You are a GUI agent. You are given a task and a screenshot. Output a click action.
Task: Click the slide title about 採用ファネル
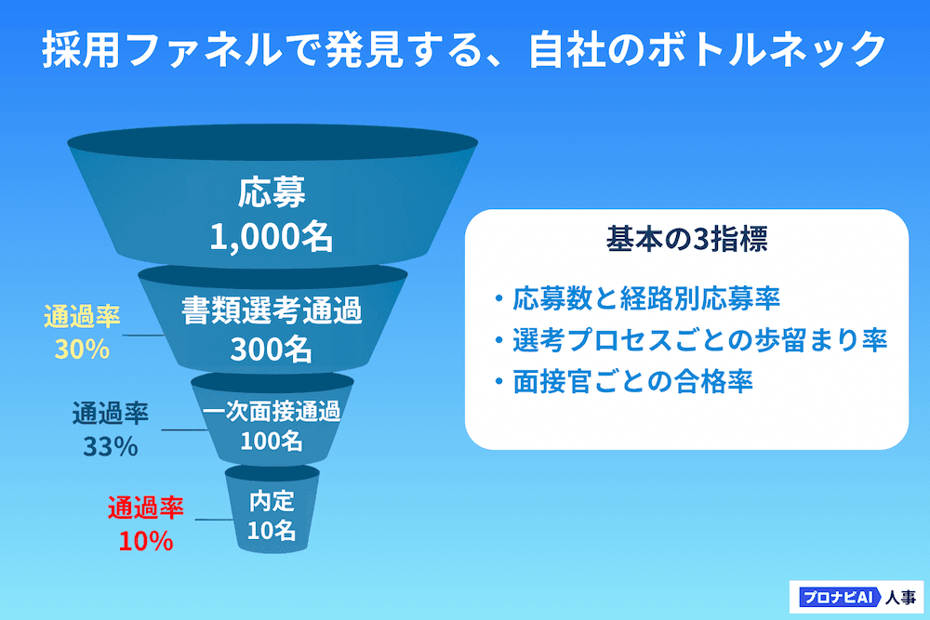[x=464, y=50]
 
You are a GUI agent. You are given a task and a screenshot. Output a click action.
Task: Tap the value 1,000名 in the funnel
[x=271, y=236]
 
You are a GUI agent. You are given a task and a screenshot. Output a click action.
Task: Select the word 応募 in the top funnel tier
[x=272, y=192]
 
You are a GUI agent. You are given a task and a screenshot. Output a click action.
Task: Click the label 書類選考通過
[x=272, y=310]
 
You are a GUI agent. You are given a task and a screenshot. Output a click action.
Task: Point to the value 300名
[x=271, y=349]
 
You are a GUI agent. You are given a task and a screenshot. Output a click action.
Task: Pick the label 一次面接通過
[x=271, y=412]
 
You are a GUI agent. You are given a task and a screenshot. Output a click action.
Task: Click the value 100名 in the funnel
[x=271, y=441]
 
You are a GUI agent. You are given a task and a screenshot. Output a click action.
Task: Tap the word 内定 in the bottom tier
[x=272, y=501]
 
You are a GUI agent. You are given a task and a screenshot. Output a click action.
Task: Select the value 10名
[x=271, y=530]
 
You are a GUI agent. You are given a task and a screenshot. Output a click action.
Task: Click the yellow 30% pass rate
[x=83, y=350]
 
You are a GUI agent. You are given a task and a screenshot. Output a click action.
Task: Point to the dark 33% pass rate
[x=111, y=447]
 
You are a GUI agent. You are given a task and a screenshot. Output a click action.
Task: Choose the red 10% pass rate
[x=146, y=541]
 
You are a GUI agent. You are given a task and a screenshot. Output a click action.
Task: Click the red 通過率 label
[x=146, y=508]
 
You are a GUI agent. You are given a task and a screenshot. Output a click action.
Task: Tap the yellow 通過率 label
[x=83, y=316]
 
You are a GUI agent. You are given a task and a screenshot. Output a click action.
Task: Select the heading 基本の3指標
[x=687, y=239]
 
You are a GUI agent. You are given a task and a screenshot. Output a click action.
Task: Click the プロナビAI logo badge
[x=838, y=597]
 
